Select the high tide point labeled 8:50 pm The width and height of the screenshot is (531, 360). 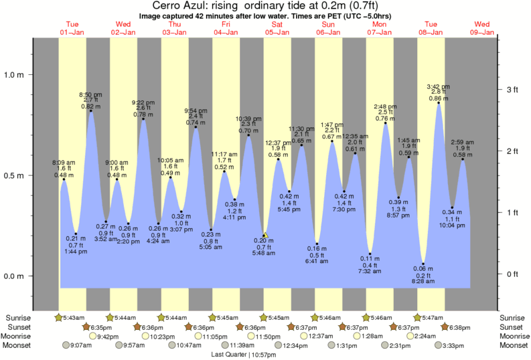coord(90,111)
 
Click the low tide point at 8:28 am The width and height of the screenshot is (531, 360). coord(424,264)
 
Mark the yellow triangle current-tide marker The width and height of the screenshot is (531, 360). coord(265,236)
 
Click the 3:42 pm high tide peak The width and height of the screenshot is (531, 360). coord(439,103)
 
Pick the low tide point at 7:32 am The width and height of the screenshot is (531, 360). coord(370,254)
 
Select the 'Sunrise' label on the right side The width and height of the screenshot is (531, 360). coord(512,317)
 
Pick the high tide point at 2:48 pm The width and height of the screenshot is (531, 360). coord(386,123)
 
